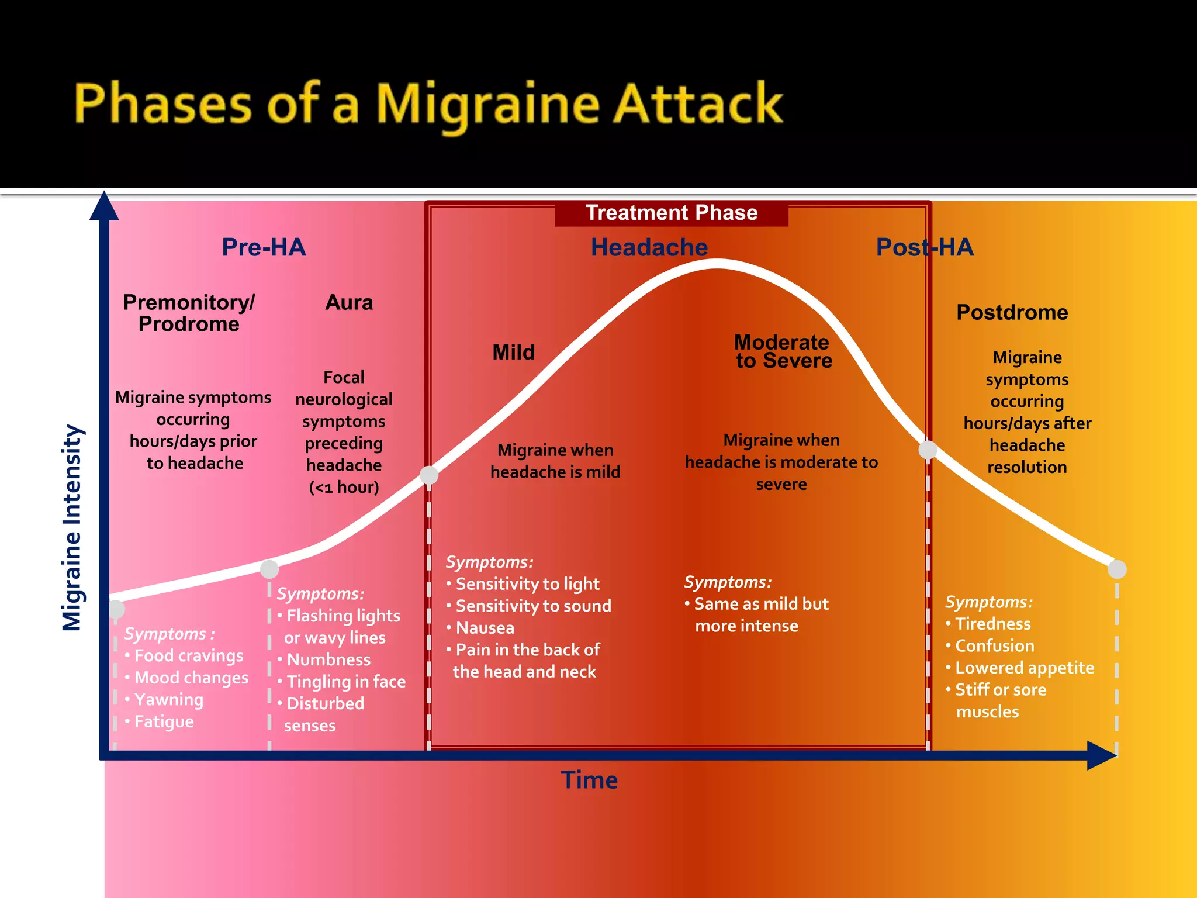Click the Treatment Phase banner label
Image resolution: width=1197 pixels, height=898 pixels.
(671, 213)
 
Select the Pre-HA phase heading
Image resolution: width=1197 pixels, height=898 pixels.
(264, 247)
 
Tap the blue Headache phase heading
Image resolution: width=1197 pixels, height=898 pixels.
(649, 247)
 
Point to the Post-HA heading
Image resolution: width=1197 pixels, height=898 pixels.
(924, 247)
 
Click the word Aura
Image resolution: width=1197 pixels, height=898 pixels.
(349, 302)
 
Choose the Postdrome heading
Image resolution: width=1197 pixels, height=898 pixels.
(1012, 312)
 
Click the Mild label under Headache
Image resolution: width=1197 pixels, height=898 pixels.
(513, 352)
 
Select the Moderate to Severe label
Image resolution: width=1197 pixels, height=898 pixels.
(783, 351)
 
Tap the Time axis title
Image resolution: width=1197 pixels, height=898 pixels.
(589, 780)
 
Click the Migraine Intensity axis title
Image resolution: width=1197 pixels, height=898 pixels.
(72, 527)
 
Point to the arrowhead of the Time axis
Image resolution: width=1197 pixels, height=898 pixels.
(1101, 755)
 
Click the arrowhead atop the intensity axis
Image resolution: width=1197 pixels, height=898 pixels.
(104, 206)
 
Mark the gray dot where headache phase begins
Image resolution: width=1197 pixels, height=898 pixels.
(429, 475)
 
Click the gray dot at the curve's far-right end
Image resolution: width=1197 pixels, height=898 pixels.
(1117, 569)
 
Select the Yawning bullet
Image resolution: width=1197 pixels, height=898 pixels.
(168, 700)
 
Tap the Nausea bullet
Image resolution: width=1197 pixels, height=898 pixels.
(485, 628)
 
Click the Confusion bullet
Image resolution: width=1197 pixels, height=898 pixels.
(994, 646)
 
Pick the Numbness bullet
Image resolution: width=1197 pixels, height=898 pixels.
(328, 659)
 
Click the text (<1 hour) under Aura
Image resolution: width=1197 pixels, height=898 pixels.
(344, 487)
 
